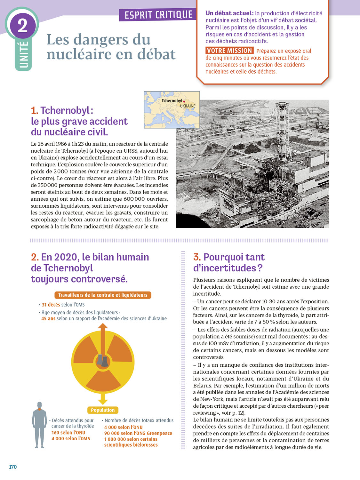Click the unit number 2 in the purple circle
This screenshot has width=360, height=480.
22,25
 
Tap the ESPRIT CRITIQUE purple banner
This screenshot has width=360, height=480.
158,15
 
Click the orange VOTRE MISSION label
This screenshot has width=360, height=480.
229,51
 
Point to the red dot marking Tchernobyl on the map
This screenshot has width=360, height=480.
184,101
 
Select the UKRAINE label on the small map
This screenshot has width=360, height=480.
188,106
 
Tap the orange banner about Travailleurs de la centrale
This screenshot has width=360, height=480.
103,295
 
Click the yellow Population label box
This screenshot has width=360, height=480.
103,410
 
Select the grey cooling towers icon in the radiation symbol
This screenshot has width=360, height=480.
103,361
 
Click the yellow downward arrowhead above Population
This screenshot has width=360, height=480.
103,400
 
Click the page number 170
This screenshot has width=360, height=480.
13,467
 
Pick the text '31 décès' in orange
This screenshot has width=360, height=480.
51,305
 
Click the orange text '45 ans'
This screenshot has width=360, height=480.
48,318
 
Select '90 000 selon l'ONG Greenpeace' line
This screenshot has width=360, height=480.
138,433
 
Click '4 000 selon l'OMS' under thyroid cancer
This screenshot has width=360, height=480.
71,438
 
